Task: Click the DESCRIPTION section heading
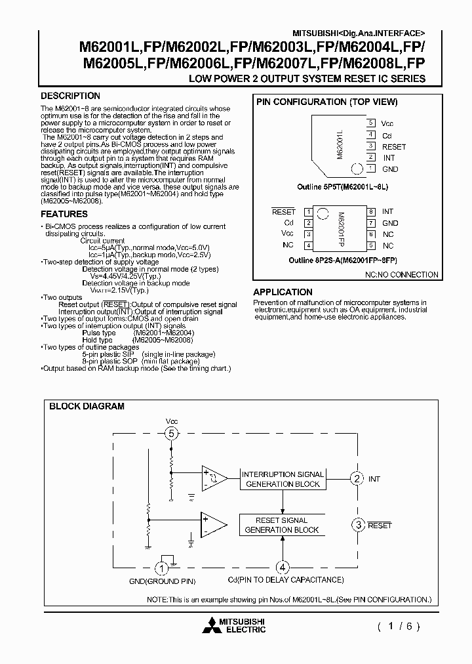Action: (71, 96)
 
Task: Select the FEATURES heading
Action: (64, 214)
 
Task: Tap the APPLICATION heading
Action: (283, 292)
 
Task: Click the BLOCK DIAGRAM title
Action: (87, 406)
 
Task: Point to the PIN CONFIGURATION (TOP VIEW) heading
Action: (326, 102)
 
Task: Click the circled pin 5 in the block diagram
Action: (171, 433)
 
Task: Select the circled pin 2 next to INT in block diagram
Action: (357, 478)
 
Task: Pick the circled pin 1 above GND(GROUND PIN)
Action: (161, 568)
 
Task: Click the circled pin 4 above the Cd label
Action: (283, 568)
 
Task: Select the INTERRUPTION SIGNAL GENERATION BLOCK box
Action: (283, 479)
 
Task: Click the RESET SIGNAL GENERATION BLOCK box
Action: (282, 525)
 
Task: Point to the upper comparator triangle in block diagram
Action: (214, 478)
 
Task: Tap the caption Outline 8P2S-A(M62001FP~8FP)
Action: (346, 260)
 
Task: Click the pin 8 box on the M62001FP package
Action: (370, 212)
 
